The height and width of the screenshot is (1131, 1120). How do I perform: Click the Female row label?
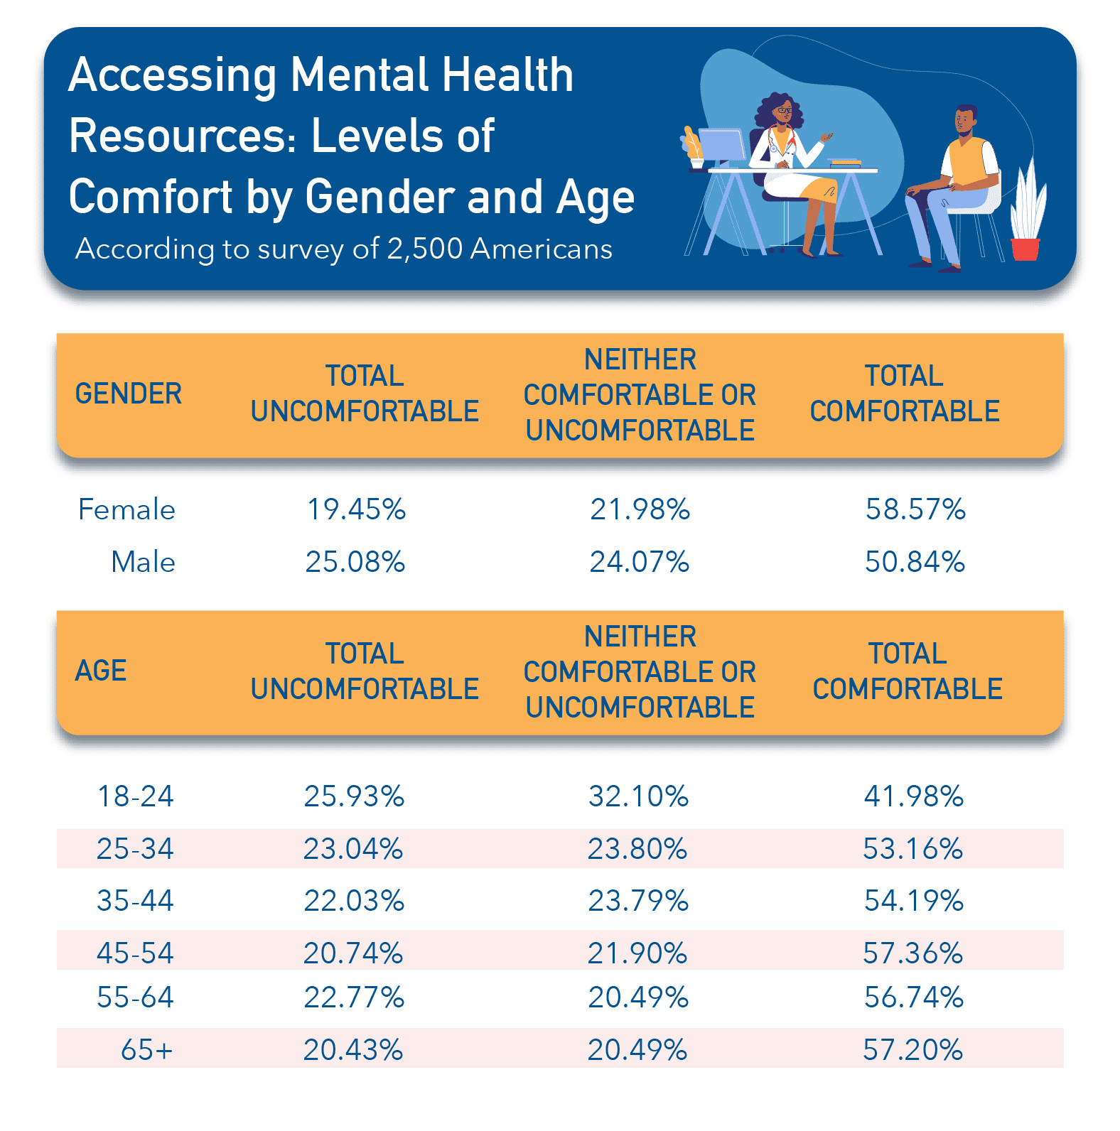pyautogui.click(x=126, y=509)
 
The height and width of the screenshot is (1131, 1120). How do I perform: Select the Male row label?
pyautogui.click(x=143, y=562)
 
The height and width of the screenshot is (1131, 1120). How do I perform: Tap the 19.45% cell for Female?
pyautogui.click(x=356, y=509)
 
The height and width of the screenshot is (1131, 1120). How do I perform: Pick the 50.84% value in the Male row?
pyautogui.click(x=915, y=562)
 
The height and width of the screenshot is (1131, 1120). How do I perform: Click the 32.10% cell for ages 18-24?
pyautogui.click(x=638, y=796)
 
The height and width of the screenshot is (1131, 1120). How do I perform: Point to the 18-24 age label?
pyautogui.click(x=135, y=796)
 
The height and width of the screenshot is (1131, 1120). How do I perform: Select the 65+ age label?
pyautogui.click(x=146, y=1049)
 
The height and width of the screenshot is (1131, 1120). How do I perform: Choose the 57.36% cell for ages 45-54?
pyautogui.click(x=912, y=953)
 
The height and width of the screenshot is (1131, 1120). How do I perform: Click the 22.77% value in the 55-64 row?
pyautogui.click(x=354, y=997)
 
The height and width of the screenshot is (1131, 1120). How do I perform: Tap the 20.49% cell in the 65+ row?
pyautogui.click(x=637, y=1049)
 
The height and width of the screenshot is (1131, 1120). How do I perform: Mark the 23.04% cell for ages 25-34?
pyautogui.click(x=353, y=849)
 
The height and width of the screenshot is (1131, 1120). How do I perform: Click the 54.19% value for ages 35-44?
pyautogui.click(x=913, y=901)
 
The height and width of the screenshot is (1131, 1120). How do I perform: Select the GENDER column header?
pyautogui.click(x=129, y=394)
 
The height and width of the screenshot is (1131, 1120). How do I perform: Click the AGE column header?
pyautogui.click(x=101, y=671)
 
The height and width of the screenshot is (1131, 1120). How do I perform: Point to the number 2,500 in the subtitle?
pyautogui.click(x=424, y=249)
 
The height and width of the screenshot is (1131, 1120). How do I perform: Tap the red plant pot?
pyautogui.click(x=1024, y=249)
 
